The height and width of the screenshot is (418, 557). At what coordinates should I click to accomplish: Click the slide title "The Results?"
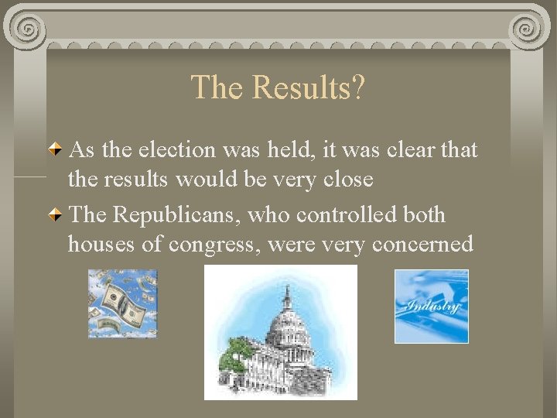click(278, 87)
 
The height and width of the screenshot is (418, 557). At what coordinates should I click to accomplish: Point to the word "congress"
click(213, 245)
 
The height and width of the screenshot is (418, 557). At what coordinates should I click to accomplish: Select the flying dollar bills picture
click(122, 303)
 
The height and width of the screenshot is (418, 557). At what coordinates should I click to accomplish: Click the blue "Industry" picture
click(431, 306)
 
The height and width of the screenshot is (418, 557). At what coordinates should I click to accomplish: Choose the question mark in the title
click(357, 87)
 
